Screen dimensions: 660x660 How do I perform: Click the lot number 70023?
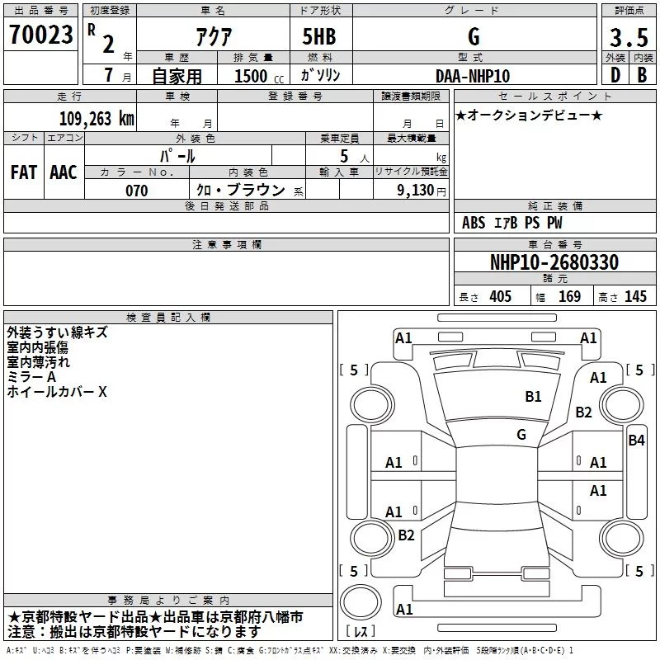pyautogui.click(x=40, y=35)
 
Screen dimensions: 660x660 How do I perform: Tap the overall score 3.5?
pyautogui.click(x=629, y=37)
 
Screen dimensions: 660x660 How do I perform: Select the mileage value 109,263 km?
pyautogui.click(x=97, y=118)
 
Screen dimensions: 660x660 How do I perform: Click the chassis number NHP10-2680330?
pyautogui.click(x=554, y=262)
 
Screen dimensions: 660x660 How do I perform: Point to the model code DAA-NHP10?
pyautogui.click(x=473, y=76)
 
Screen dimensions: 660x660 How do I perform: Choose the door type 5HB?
pyautogui.click(x=319, y=36)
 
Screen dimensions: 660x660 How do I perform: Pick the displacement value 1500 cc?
pyautogui.click(x=259, y=76)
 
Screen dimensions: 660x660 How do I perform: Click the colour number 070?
pyautogui.click(x=136, y=191)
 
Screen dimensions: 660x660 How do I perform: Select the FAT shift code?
pyautogui.click(x=24, y=172)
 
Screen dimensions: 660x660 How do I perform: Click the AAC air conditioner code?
pyautogui.click(x=64, y=172)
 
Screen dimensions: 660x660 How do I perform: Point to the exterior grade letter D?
pyautogui.click(x=615, y=75)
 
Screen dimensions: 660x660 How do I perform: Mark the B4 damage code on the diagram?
pyautogui.click(x=636, y=441)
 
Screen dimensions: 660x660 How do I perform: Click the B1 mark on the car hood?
pyautogui.click(x=533, y=397)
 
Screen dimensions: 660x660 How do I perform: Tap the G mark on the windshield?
pyautogui.click(x=521, y=435)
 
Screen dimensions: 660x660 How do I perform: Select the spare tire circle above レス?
pyautogui.click(x=361, y=601)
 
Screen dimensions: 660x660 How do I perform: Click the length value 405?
pyautogui.click(x=500, y=296)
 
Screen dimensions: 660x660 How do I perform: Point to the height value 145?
pyautogui.click(x=635, y=296)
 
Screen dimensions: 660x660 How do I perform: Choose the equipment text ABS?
pyautogui.click(x=473, y=223)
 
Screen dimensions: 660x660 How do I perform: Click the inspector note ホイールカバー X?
pyautogui.click(x=57, y=392)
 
